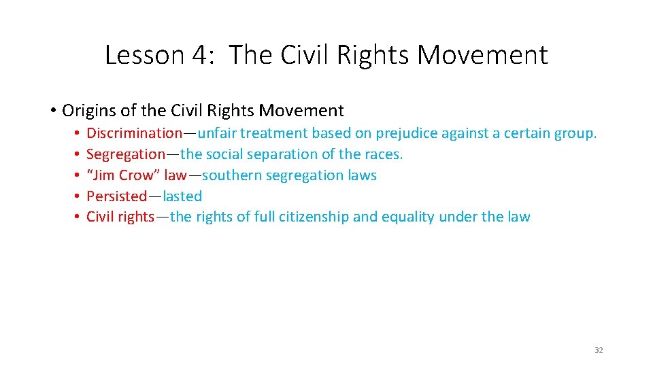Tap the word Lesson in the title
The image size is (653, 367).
[x=144, y=55]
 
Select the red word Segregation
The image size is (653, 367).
[x=126, y=154]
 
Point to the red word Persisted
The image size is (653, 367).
[x=116, y=196]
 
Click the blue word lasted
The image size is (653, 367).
[x=182, y=196]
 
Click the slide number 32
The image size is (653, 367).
[x=599, y=350]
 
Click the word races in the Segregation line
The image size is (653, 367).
[x=384, y=154]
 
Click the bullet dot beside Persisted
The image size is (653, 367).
[x=78, y=196]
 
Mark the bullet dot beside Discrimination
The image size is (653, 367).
[x=78, y=133]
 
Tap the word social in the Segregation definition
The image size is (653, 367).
[x=227, y=154]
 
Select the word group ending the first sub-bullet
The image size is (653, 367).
[x=575, y=134]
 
